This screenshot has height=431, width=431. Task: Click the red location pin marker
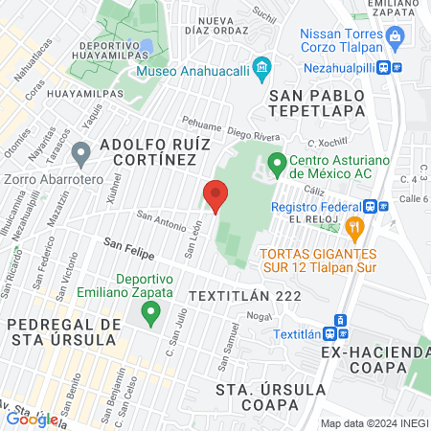pos(215,195)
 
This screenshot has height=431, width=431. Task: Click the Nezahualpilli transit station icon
pos(383,68)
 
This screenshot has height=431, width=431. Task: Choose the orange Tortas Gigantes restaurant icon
pos(354,227)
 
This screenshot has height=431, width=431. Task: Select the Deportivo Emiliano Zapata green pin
pos(149,311)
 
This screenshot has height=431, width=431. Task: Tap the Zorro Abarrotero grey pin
pos(81,150)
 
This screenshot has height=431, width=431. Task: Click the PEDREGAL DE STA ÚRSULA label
pos(63,330)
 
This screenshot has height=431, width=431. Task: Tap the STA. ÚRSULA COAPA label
pos(270,397)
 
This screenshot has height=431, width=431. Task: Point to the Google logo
pos(32,419)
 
